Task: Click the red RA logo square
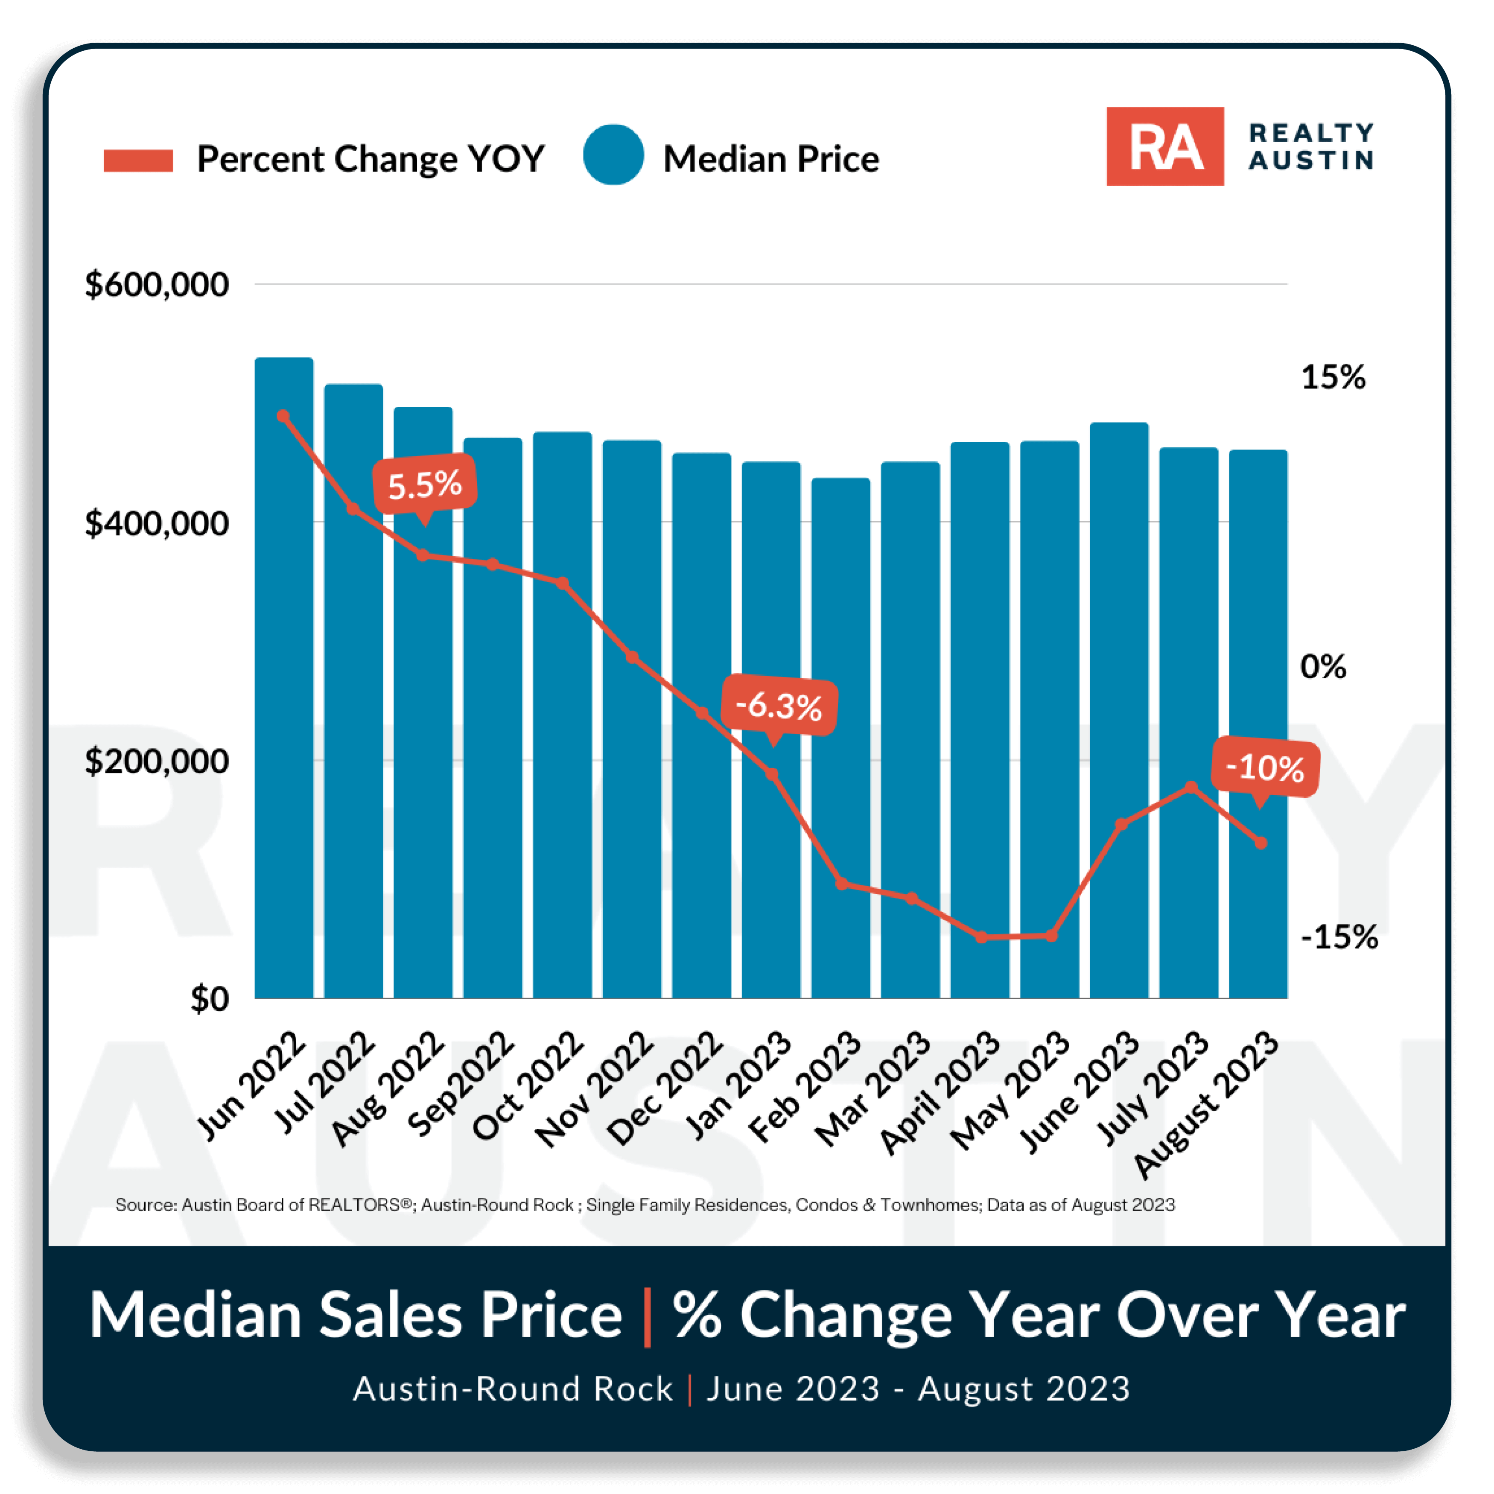pyautogui.click(x=1164, y=146)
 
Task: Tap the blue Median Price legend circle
pyautogui.click(x=613, y=155)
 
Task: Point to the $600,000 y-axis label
pyautogui.click(x=157, y=285)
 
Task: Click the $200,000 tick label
pyautogui.click(x=157, y=761)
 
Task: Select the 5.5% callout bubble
pyautogui.click(x=424, y=485)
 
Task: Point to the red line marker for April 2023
pyautogui.click(x=980, y=937)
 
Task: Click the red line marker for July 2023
pyautogui.click(x=1191, y=787)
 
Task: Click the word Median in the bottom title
pyautogui.click(x=196, y=1315)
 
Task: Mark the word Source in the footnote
pyautogui.click(x=146, y=1205)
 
